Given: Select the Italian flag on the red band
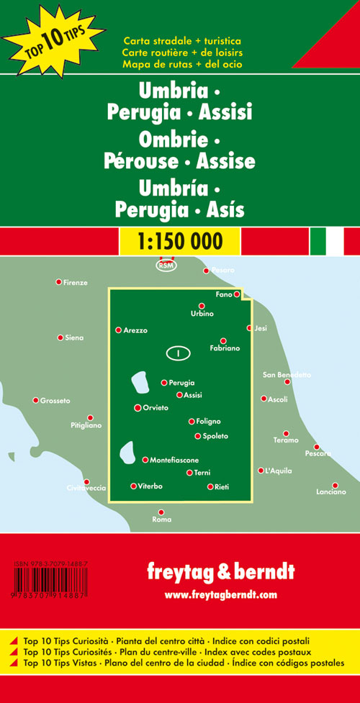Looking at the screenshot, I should pos(327,241).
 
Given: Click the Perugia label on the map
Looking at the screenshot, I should pos(182,383).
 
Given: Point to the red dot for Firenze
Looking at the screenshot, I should pos(59,281).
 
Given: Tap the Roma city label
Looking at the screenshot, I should pos(162,520).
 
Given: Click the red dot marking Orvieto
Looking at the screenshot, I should pos(138,408).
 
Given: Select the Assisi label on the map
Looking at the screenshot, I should pos(193,395).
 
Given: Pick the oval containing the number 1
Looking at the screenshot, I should pos(177,353).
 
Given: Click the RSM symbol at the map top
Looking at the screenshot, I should pos(166,266).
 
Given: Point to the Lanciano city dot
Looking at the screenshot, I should pos(334,485).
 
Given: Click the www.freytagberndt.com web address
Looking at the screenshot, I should pos(220,594).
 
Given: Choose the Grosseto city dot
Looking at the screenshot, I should pos(35,400).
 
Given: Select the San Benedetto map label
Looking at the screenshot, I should pos(287,375).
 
